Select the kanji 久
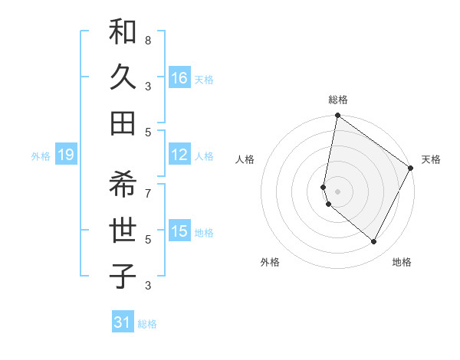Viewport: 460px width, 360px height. coord(123,78)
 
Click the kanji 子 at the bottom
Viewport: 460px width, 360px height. coord(123,276)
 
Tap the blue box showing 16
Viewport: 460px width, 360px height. coord(179,78)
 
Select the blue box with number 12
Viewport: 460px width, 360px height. coord(179,155)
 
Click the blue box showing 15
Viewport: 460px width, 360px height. coord(179,231)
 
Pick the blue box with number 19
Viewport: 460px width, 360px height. coord(65,155)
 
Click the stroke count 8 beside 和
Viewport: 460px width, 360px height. coord(147,40)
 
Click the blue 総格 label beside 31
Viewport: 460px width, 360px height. coord(147,324)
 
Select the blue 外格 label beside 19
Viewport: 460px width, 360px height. coord(41,156)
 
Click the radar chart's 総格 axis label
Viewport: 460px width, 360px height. coord(337,100)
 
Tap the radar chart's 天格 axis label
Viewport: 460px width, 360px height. coord(431,159)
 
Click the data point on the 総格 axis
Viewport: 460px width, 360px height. coord(337,116)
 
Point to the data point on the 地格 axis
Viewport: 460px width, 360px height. coord(374,241)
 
